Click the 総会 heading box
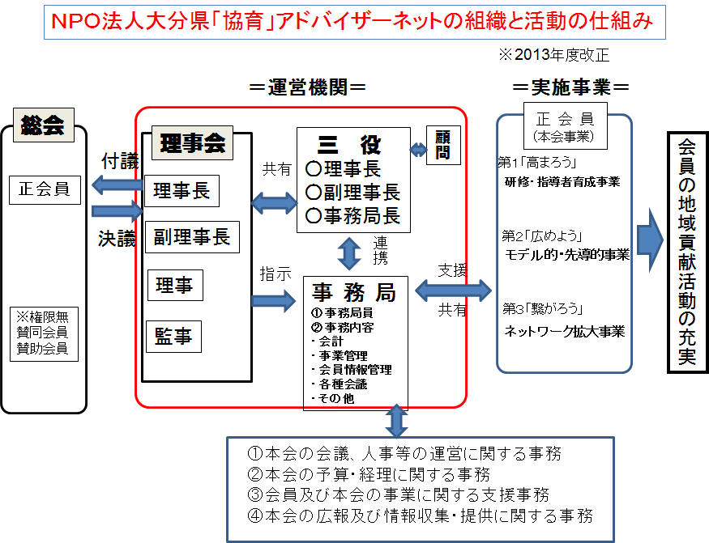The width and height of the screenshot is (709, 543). [x=44, y=125]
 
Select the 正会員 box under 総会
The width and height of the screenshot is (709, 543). [x=45, y=189]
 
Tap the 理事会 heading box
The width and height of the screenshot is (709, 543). [x=192, y=145]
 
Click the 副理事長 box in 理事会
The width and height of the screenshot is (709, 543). [x=192, y=236]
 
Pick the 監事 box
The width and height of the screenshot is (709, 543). [x=173, y=336]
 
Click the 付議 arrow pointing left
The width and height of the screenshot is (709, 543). [x=116, y=185]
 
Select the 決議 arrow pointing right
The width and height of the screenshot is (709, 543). [x=116, y=213]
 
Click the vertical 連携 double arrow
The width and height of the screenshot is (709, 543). [x=349, y=253]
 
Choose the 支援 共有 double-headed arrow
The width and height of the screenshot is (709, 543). [x=453, y=289]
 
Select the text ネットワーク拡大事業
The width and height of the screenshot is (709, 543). [x=564, y=331]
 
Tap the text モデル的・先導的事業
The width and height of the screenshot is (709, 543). [x=566, y=255]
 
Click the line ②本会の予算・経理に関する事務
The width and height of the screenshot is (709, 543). [x=369, y=474]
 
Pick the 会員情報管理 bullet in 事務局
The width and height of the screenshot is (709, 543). [x=353, y=369]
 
